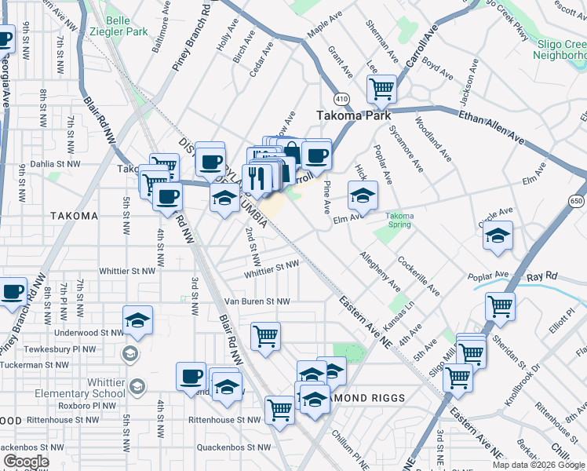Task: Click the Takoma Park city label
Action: pyautogui.click(x=353, y=115)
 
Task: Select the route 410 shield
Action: pyautogui.click(x=341, y=99)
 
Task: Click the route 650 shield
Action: pyautogui.click(x=577, y=201)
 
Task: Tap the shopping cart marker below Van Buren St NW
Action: pyautogui.click(x=266, y=337)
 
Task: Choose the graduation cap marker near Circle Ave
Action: pyautogui.click(x=498, y=235)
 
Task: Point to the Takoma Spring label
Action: pyautogui.click(x=399, y=221)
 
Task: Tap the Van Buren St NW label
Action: pyautogui.click(x=257, y=301)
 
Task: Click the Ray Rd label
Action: pyautogui.click(x=541, y=277)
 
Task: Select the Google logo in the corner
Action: pyautogui.click(x=26, y=462)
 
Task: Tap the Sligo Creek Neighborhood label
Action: pyautogui.click(x=560, y=49)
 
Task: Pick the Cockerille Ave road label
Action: pyautogui.click(x=418, y=276)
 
